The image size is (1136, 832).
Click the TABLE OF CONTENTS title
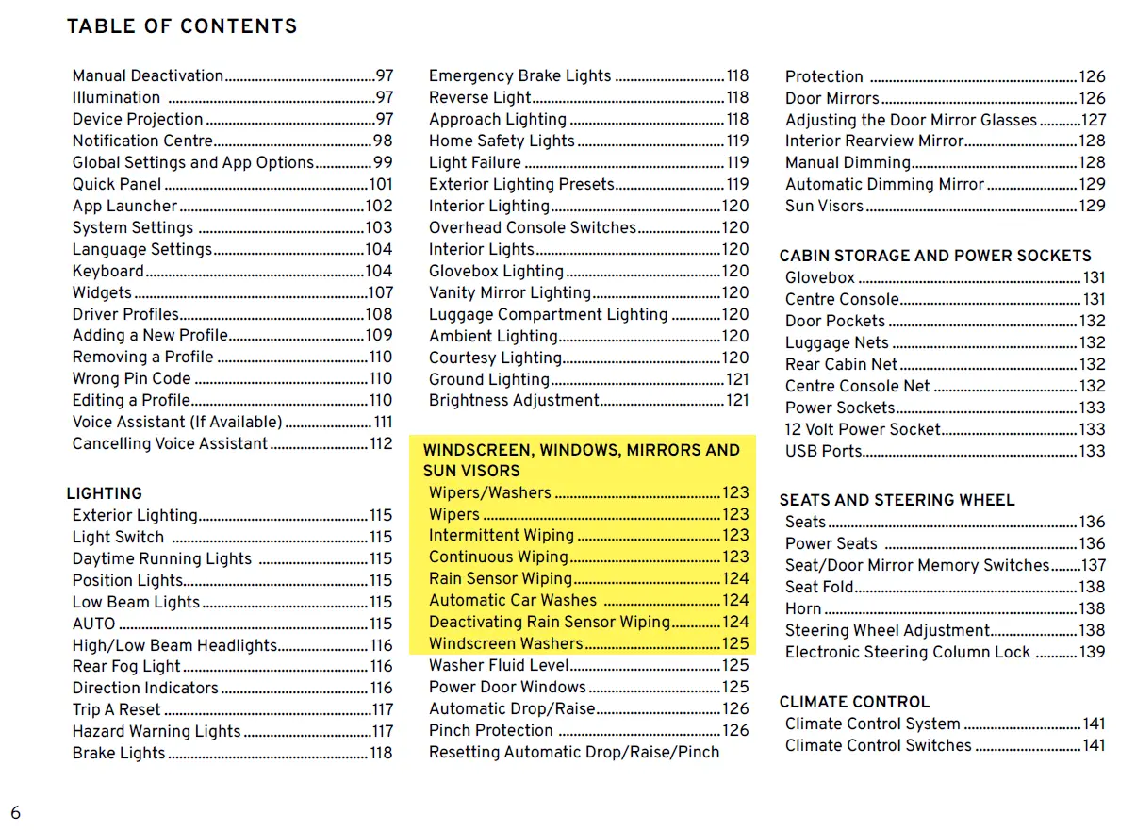pyautogui.click(x=182, y=26)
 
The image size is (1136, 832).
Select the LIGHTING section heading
pyautogui.click(x=104, y=493)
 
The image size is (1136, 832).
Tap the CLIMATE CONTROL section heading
pyautogui.click(x=854, y=702)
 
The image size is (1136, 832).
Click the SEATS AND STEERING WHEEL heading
pyautogui.click(x=897, y=500)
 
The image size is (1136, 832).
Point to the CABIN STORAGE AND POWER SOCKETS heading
pyautogui.click(x=935, y=256)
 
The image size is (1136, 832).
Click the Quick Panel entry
pyautogui.click(x=117, y=184)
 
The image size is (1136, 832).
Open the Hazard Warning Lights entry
pyautogui.click(x=156, y=731)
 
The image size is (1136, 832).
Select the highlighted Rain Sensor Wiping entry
pyautogui.click(x=501, y=578)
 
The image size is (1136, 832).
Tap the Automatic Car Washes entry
pyautogui.click(x=513, y=600)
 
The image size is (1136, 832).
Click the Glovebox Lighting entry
pyautogui.click(x=496, y=271)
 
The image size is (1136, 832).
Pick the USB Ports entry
pyautogui.click(x=824, y=451)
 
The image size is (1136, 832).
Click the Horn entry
pyautogui.click(x=803, y=608)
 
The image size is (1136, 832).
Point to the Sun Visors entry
pyautogui.click(x=824, y=206)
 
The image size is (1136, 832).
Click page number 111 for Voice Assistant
pyautogui.click(x=383, y=423)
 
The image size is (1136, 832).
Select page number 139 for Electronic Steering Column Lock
pyautogui.click(x=1092, y=652)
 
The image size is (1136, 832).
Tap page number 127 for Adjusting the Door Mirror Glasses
pyautogui.click(x=1094, y=120)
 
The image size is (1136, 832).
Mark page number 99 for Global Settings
pyautogui.click(x=383, y=162)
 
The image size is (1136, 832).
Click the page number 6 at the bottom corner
pyautogui.click(x=15, y=812)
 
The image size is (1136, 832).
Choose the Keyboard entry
pyautogui.click(x=108, y=271)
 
